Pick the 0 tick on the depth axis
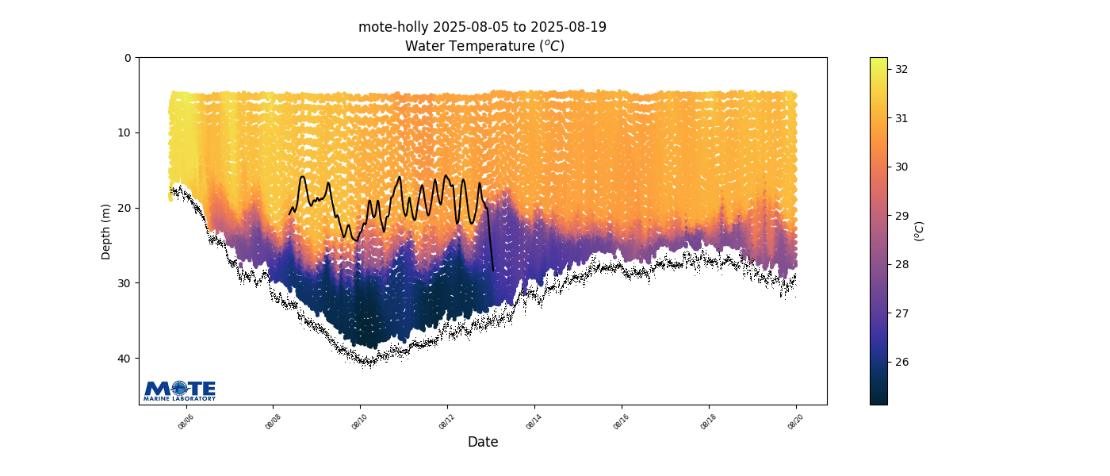128,58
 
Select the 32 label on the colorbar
901,69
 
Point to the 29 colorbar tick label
901,216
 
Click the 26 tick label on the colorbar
901,363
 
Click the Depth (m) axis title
106,232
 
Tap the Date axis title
483,442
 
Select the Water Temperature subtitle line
484,46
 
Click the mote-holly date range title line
482,27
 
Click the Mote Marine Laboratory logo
180,390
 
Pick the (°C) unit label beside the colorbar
920,231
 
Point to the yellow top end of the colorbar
878,61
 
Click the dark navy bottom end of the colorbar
878,400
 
